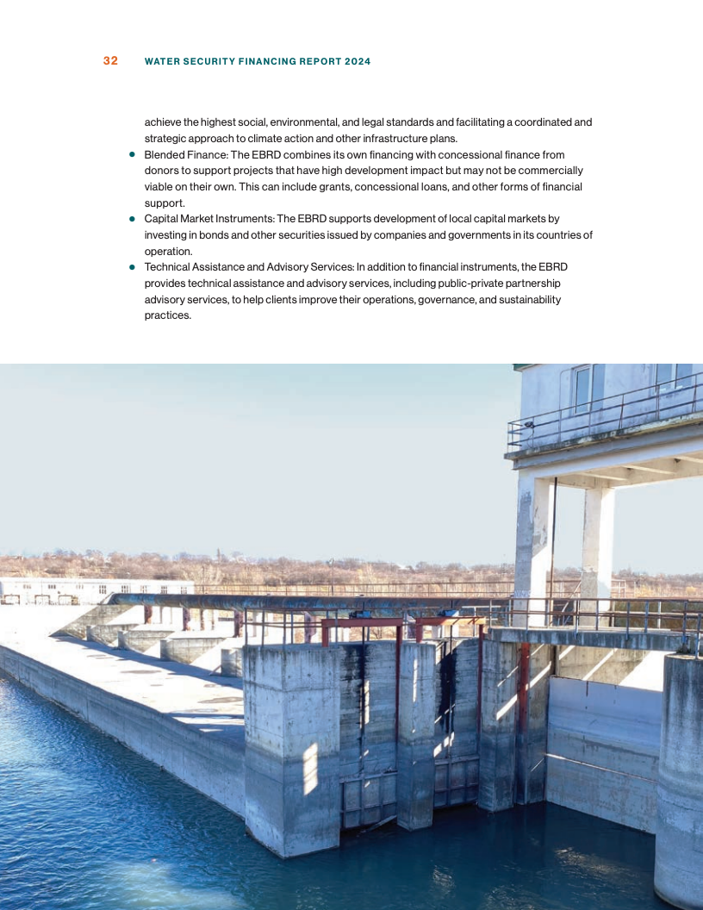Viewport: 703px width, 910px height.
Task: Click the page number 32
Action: pos(110,61)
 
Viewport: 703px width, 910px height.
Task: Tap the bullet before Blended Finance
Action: pos(133,155)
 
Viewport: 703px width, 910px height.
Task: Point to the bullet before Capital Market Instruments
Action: pos(133,219)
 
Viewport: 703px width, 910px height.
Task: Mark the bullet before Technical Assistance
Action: pos(133,267)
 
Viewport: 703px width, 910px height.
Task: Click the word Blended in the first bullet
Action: pos(164,155)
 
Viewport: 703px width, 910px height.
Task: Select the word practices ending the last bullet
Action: pos(166,315)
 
